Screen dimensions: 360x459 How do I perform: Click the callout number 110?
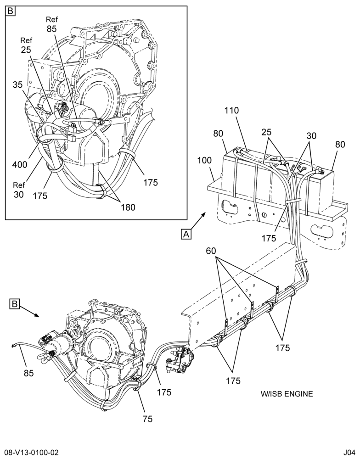click(232, 110)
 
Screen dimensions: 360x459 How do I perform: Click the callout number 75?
click(148, 419)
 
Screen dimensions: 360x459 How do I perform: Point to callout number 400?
click(19, 164)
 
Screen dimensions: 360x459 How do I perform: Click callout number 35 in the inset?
click(17, 84)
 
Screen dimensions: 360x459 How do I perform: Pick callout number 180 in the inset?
click(128, 207)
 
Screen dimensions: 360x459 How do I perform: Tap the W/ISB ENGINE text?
click(287, 394)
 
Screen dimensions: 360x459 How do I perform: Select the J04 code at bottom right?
click(349, 453)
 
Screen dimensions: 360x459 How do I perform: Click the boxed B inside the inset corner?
click(10, 11)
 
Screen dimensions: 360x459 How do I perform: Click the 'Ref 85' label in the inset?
click(51, 24)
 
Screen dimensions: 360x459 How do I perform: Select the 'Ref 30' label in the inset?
click(19, 190)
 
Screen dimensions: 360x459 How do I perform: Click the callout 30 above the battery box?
click(311, 135)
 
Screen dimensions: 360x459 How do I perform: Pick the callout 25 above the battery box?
click(266, 132)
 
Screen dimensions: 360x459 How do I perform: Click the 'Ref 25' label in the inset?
click(26, 45)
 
